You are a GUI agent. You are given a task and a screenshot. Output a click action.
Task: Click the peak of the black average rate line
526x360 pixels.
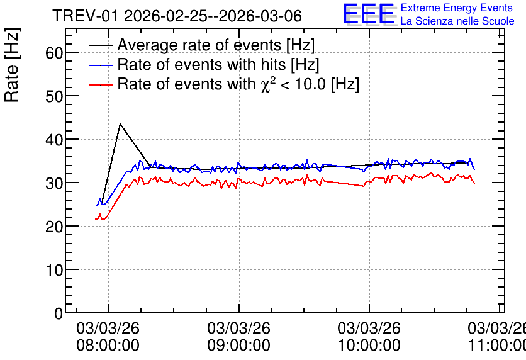coord(120,124)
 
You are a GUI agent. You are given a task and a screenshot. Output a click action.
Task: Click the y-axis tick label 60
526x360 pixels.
coord(54,53)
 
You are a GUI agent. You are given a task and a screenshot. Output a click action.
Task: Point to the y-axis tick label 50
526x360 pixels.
coord(54,96)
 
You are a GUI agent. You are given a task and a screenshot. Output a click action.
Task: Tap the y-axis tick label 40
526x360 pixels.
coord(54,140)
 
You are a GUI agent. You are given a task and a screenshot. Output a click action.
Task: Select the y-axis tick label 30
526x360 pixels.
coord(54,183)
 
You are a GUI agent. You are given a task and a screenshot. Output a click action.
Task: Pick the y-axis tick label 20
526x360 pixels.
coord(54,227)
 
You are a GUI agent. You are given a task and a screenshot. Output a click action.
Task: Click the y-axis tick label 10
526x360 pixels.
coord(54,270)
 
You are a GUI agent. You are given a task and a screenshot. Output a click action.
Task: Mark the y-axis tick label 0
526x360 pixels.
coord(59,313)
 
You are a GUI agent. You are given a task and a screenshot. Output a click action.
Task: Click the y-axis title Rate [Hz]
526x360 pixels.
coord(12,65)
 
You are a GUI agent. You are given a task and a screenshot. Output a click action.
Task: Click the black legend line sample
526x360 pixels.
coord(101,45)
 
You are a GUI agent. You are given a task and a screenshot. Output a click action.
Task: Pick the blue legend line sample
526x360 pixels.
coord(101,65)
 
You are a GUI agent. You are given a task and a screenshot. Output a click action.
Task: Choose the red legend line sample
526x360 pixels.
coord(101,85)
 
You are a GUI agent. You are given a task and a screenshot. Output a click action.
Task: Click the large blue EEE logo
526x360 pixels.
coord(369,14)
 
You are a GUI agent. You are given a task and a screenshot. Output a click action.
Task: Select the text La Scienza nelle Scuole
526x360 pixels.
coord(457,21)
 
